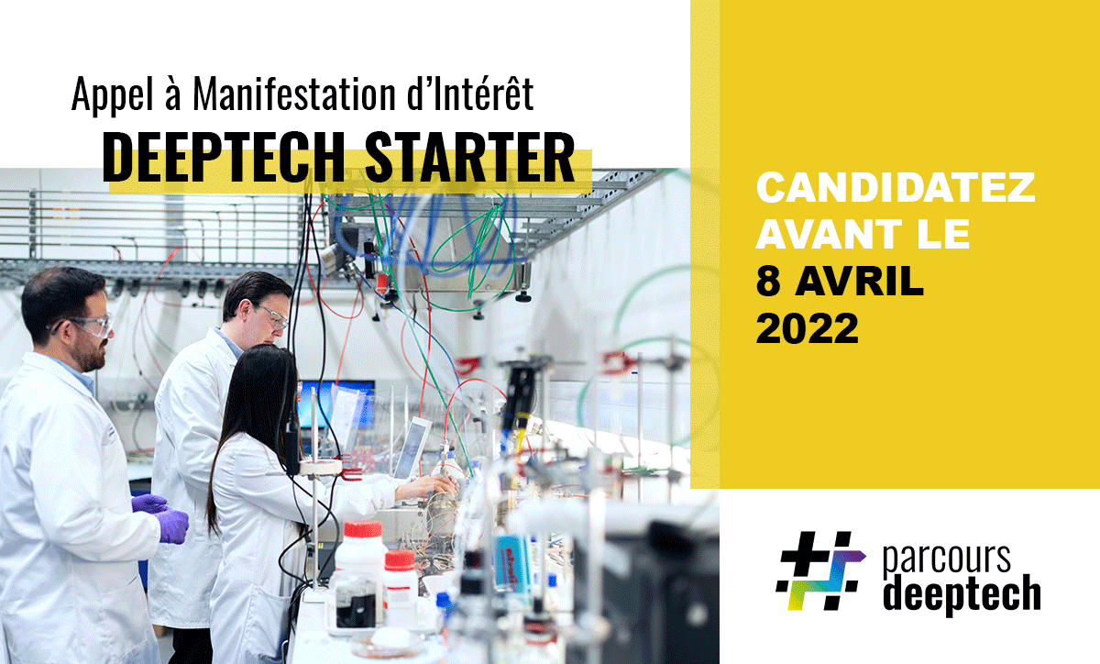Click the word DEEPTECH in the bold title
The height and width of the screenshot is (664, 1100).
click(224, 157)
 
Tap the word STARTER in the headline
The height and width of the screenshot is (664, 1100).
click(470, 157)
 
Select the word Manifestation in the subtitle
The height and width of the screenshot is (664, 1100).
click(294, 94)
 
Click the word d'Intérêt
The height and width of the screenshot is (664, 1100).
click(470, 94)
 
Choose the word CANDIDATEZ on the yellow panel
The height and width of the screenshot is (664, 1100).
click(896, 187)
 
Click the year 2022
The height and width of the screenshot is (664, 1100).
click(808, 328)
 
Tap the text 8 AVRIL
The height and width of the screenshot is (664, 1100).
click(840, 282)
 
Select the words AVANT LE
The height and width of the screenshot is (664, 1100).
click(863, 235)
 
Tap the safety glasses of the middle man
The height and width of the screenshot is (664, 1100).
click(271, 316)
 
